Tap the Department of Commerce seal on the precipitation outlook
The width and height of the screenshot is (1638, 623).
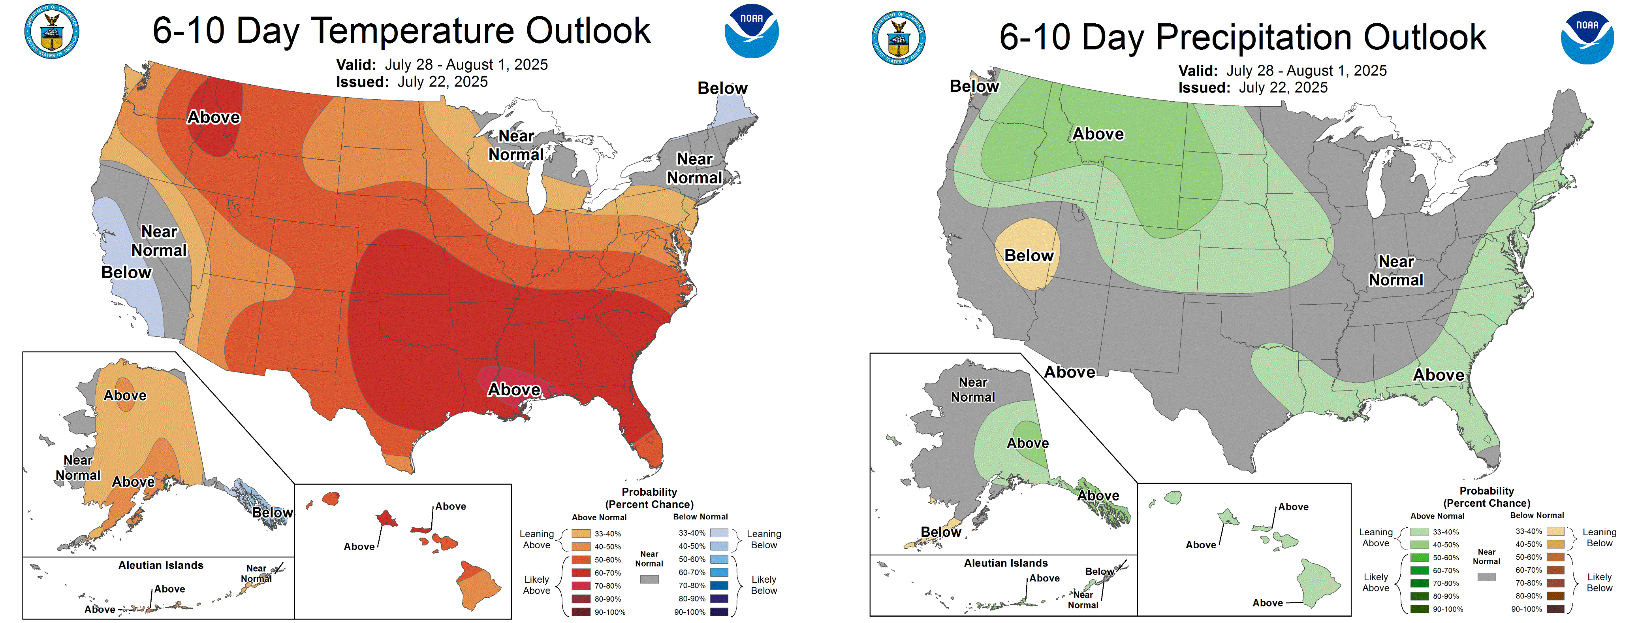[899, 38]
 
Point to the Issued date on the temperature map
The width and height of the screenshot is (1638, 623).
[412, 82]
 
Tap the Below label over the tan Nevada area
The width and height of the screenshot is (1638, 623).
[1028, 256]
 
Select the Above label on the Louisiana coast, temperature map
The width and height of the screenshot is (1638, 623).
[514, 389]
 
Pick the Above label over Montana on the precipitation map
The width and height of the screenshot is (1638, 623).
[1098, 134]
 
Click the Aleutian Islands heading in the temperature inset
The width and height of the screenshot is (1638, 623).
[161, 565]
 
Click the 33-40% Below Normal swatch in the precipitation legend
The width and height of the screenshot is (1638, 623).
[1555, 531]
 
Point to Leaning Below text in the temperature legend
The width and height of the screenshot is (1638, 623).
[764, 540]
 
